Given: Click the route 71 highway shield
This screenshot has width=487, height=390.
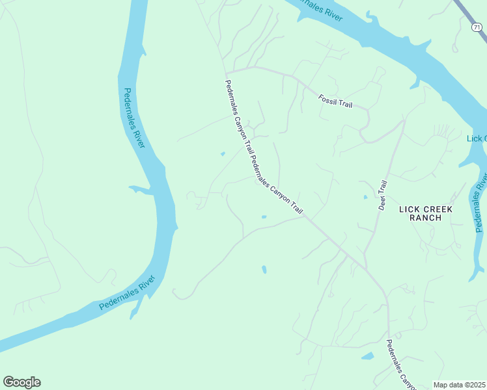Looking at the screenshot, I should tap(477, 27).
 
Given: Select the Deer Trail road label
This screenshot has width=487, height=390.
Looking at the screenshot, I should tap(383, 195).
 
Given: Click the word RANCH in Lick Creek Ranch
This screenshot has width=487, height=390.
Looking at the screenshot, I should tap(426, 218).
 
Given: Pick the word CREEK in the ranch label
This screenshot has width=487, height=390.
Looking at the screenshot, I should tap(438, 208).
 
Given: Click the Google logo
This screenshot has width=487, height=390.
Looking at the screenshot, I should tap(21, 382).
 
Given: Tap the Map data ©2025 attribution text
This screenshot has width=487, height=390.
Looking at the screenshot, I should tap(460, 385).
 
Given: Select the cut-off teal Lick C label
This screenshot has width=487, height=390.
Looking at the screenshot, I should tap(477, 138).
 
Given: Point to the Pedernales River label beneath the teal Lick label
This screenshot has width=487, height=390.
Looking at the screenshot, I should tap(481, 201).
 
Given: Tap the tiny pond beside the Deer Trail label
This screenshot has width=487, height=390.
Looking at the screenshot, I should tap(365, 197).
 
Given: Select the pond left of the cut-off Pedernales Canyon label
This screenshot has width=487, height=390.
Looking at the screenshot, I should tap(368, 356).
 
